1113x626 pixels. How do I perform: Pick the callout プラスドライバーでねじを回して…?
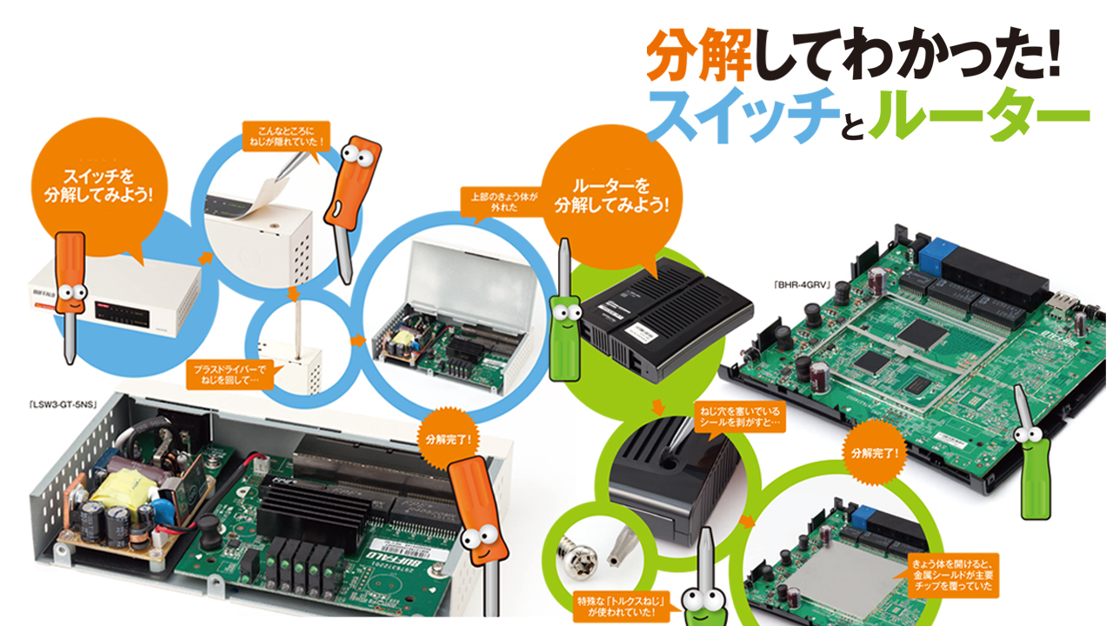tap(234, 375)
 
